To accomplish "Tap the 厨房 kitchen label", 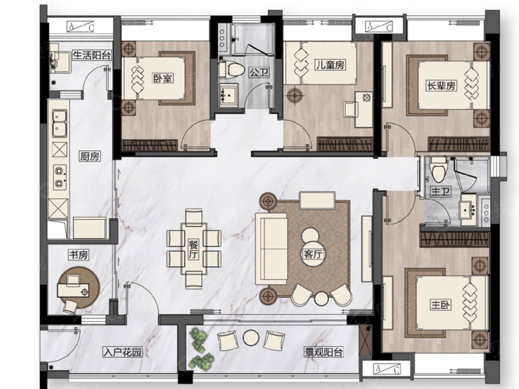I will [89, 156].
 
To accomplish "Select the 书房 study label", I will [77, 255].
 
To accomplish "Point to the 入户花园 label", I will [122, 352].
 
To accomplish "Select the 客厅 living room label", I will [313, 254].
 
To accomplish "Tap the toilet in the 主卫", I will [436, 168].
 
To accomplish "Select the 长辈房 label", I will [441, 86].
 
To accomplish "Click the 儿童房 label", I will [330, 65].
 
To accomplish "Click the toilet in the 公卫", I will [233, 69].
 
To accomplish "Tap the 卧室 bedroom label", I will [163, 78].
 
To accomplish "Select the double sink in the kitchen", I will [59, 125].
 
